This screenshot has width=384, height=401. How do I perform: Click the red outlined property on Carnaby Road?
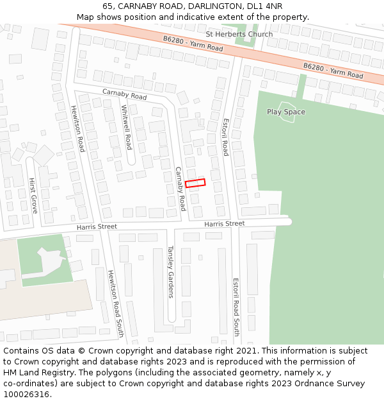195,183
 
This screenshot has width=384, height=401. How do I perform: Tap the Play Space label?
286,112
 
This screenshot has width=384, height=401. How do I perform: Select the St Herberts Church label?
239,34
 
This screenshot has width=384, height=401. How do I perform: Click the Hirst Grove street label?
33,196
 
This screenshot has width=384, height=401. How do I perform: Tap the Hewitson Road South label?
115,303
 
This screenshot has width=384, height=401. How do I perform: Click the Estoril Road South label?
236,307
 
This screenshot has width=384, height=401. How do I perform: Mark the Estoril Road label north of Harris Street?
225,136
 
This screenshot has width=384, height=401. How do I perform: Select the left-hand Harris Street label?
97,226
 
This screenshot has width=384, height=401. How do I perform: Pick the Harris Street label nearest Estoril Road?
224,223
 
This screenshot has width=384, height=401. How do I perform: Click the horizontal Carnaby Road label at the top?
124,94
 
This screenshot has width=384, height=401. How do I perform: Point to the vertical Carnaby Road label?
180,189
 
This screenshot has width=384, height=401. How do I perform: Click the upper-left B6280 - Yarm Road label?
193,44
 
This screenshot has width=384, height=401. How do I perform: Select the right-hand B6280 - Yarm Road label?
333,71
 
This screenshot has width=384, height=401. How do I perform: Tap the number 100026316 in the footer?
27,395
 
